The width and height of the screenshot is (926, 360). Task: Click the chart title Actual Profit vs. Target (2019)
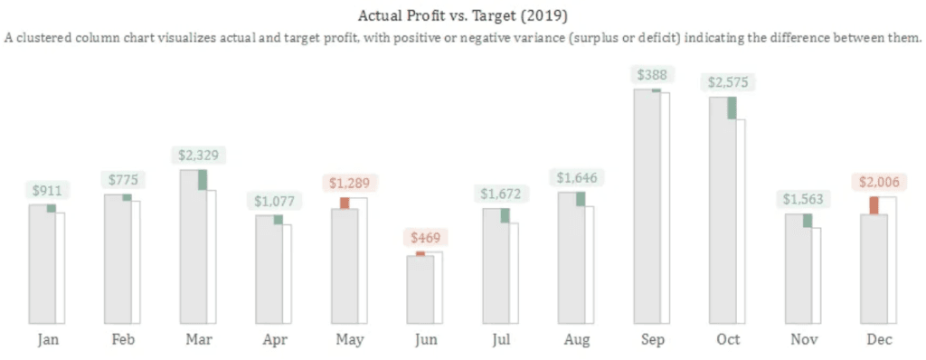[462, 15]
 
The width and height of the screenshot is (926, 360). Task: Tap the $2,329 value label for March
[198, 156]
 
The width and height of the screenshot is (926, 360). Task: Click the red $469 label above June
[425, 239]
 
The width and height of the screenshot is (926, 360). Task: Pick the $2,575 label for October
[728, 82]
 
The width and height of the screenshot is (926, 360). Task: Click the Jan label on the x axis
[48, 339]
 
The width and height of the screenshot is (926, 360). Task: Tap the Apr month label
[275, 339]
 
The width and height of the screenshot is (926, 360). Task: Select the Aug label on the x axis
[577, 339]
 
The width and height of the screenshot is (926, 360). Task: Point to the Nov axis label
[803, 339]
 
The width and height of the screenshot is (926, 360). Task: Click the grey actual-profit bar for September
[647, 208]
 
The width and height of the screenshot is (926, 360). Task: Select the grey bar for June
[420, 289]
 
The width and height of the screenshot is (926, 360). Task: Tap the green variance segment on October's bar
[732, 108]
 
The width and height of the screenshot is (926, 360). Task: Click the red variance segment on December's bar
[874, 205]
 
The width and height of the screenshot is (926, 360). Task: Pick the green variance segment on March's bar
[203, 180]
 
